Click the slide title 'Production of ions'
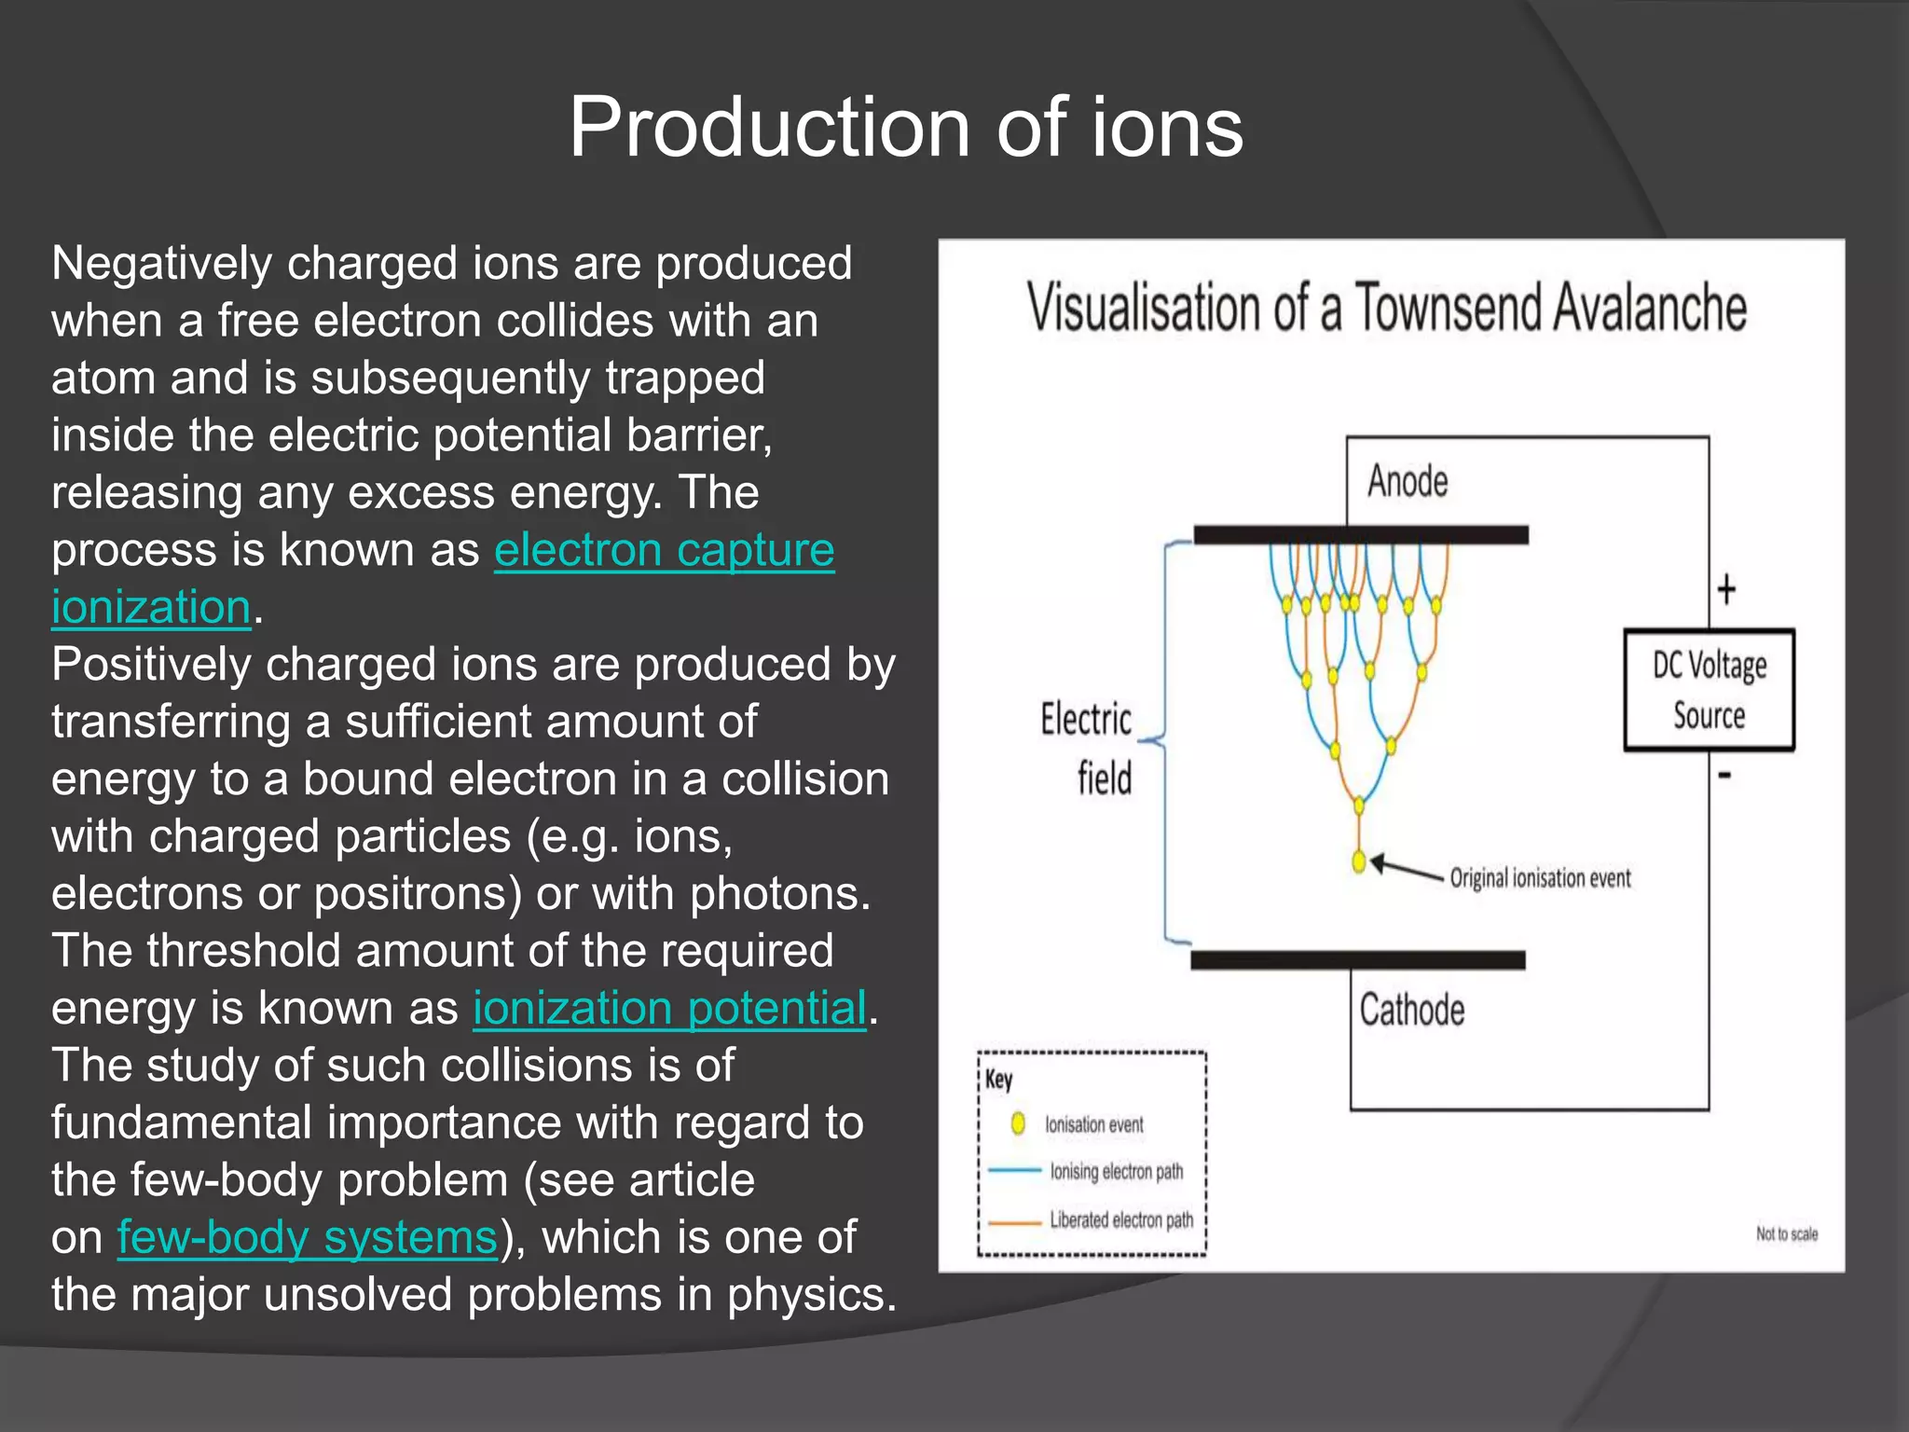coord(906,128)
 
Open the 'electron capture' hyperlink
coord(664,550)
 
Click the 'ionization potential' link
coord(669,1009)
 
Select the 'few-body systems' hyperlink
coord(308,1238)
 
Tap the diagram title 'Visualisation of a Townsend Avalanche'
coord(1386,308)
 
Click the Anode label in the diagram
coord(1408,482)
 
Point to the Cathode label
coord(1411,1010)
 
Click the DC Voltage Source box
coord(1709,691)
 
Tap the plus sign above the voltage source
coord(1726,589)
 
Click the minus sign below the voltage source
coord(1724,775)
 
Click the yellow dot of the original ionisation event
coord(1359,862)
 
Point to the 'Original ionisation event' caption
coord(1540,878)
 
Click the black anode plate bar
coord(1361,535)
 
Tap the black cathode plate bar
coord(1358,960)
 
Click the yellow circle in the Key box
coord(1018,1123)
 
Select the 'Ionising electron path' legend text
coord(1116,1171)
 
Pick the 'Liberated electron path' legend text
coord(1120,1220)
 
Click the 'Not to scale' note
coord(1786,1233)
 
